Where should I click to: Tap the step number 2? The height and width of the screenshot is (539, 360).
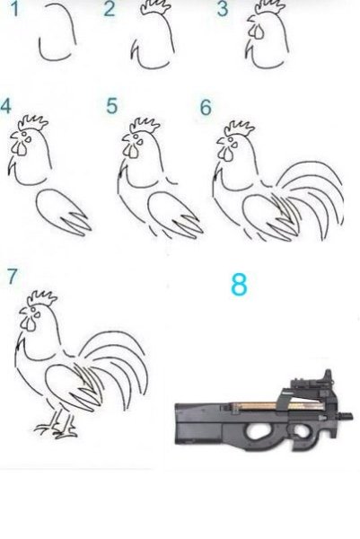(x=110, y=10)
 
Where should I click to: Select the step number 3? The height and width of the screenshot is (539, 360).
(x=223, y=10)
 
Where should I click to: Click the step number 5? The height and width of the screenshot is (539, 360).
(x=111, y=106)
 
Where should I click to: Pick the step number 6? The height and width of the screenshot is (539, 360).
(x=206, y=108)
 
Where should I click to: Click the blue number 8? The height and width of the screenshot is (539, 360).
(x=238, y=285)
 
